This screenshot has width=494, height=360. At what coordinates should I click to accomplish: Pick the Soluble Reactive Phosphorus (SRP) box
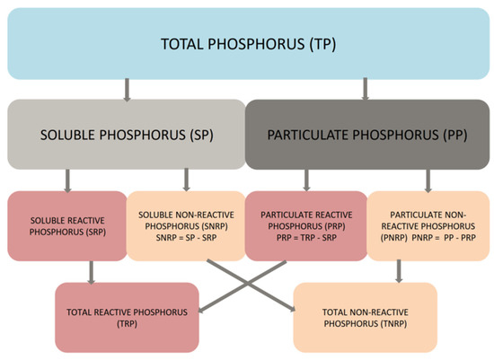tap(68, 225)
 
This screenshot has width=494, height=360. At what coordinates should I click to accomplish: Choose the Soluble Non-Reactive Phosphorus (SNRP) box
tap(186, 225)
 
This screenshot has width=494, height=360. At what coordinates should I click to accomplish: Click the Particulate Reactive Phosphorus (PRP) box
tap(305, 225)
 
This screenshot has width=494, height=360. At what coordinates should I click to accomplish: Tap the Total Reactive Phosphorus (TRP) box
tap(126, 316)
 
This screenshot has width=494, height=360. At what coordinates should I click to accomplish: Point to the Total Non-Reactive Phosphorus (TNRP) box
tap(365, 316)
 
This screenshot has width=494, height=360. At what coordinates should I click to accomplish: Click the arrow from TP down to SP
tap(125, 88)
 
